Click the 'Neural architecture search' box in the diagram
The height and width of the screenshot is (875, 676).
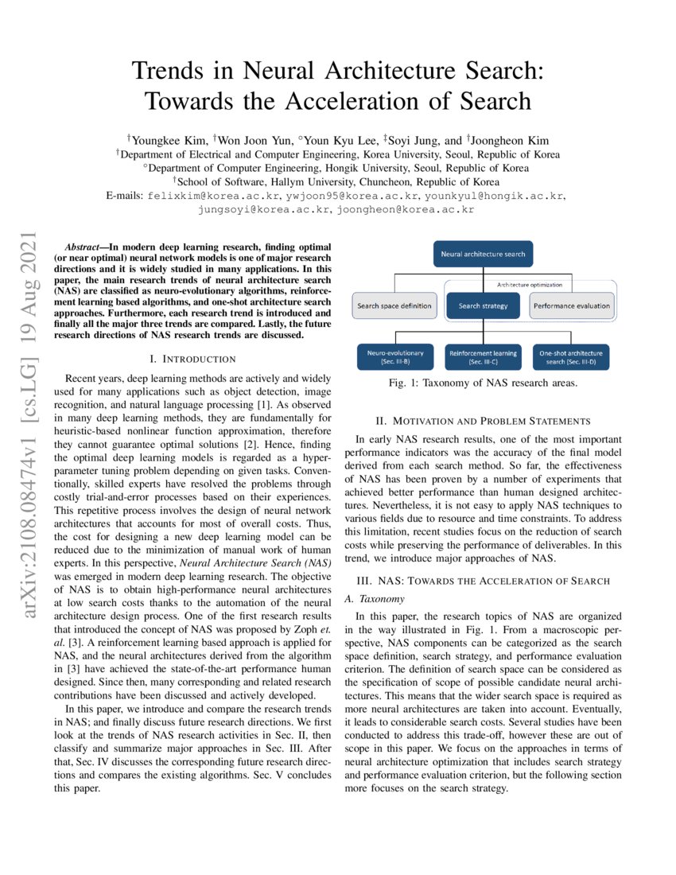click(483, 255)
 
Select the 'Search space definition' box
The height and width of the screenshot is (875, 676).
click(394, 305)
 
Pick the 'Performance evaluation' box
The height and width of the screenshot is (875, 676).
click(572, 305)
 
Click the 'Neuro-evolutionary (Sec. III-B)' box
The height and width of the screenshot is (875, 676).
click(394, 357)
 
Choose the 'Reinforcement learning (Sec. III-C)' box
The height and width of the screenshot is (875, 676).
click(483, 357)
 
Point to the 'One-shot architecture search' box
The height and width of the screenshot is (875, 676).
click(570, 357)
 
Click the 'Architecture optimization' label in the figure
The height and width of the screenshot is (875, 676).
click(530, 284)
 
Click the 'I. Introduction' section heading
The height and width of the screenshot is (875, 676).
click(195, 360)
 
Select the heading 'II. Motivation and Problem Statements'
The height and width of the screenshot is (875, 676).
click(483, 421)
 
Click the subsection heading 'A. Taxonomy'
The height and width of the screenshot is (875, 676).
click(379, 598)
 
